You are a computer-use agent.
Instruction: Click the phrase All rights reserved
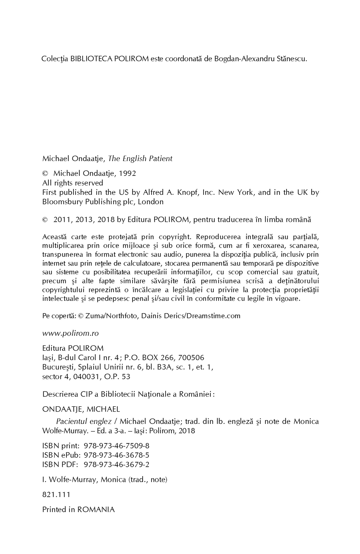click(x=73, y=183)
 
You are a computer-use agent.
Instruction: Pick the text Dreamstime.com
click(x=215, y=316)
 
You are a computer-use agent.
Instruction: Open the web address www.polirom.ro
click(x=70, y=333)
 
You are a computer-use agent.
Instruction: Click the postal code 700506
click(x=191, y=358)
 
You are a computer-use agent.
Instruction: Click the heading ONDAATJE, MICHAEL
click(x=81, y=409)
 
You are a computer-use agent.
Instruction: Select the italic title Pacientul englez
click(x=84, y=421)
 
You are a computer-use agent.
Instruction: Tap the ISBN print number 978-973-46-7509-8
click(x=117, y=446)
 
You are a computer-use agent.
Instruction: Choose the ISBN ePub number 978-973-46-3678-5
click(x=117, y=455)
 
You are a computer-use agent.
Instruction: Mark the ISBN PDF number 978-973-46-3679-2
click(x=117, y=465)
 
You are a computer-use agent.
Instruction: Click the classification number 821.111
click(x=56, y=495)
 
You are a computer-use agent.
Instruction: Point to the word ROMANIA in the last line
click(x=96, y=510)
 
